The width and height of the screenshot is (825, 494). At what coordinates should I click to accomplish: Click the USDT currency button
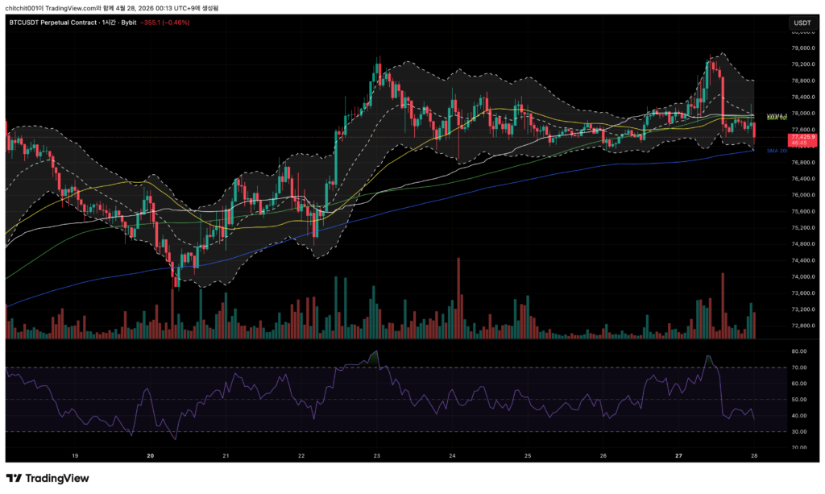(x=802, y=23)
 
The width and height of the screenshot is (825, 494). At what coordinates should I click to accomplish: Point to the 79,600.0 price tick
(x=802, y=48)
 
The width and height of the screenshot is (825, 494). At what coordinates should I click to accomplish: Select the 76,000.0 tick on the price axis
(x=802, y=195)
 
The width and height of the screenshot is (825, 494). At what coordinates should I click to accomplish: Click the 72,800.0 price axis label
(x=802, y=326)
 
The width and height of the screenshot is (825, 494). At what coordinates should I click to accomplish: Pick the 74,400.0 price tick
(x=802, y=260)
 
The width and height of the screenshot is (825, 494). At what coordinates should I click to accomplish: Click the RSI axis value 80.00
(x=800, y=351)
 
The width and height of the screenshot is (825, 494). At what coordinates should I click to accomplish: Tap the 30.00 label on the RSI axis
(x=800, y=432)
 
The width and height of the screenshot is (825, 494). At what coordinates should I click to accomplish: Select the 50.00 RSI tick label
(x=800, y=400)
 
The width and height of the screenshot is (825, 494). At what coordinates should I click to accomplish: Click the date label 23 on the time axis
(x=377, y=455)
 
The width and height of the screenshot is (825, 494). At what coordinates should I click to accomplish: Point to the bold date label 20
(x=151, y=455)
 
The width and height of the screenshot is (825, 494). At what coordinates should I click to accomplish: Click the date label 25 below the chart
(x=528, y=455)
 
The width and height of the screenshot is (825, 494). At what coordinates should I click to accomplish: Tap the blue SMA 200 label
(x=777, y=151)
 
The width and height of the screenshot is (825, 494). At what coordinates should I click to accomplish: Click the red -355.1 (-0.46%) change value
(x=165, y=23)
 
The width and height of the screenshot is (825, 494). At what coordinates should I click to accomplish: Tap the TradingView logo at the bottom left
(x=48, y=478)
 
